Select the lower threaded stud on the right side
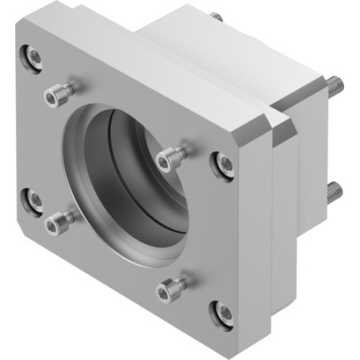point(335,192)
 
